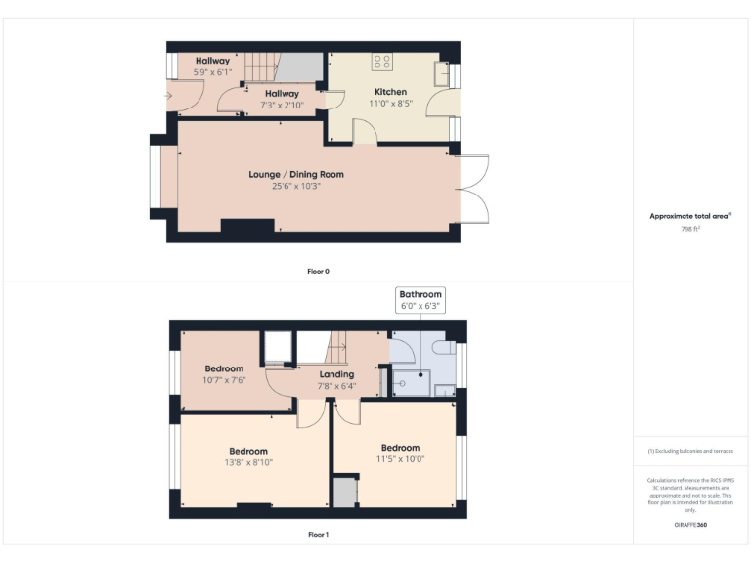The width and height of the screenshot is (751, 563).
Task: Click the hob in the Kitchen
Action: click(381, 63)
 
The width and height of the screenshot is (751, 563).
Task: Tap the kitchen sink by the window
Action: click(442, 74)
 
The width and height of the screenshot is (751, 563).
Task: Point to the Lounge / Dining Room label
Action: click(295, 174)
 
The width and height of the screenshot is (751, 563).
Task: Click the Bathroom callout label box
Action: click(420, 299)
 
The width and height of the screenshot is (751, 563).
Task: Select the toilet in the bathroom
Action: click(441, 348)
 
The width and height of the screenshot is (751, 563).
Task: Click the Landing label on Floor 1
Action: click(337, 374)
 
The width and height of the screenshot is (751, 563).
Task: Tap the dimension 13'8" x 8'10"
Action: click(248, 462)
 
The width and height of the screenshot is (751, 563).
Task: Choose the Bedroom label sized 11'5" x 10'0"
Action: click(400, 448)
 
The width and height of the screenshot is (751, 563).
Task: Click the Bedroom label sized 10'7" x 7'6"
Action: click(224, 368)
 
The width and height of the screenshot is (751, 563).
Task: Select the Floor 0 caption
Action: click(318, 271)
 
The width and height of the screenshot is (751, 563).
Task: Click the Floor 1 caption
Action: click(318, 535)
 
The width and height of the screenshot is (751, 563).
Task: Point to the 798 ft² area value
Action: click(690, 228)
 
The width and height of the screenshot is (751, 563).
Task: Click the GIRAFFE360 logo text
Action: click(689, 525)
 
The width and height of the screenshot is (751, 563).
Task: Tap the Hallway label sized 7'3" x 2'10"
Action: click(280, 94)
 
